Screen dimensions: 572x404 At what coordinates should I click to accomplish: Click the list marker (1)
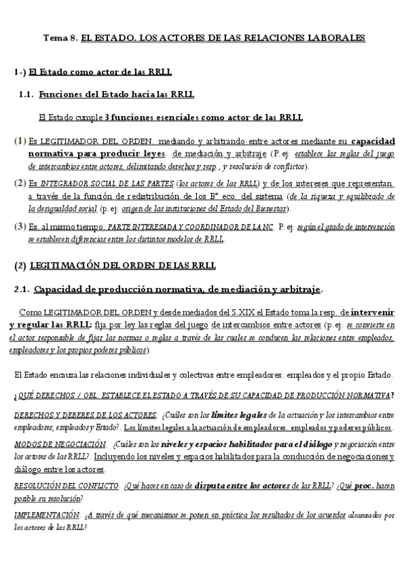click(20, 142)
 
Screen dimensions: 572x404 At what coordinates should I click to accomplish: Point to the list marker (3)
click(20, 227)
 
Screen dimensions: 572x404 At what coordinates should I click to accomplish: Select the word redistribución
click(177, 196)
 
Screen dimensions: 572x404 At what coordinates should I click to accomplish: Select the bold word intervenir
click(370, 314)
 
